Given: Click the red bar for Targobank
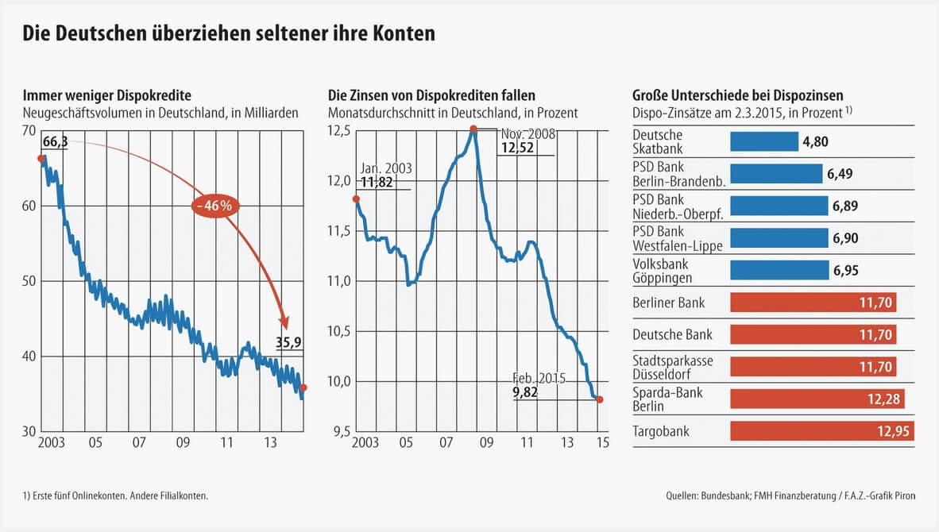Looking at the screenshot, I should pyautogui.click(x=821, y=431).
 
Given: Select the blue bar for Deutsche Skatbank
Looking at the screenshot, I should pyautogui.click(x=763, y=141).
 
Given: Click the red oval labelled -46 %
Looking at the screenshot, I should pyautogui.click(x=214, y=206).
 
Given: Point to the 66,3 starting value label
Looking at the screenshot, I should pyautogui.click(x=55, y=142).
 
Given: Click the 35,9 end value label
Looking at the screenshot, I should pyautogui.click(x=289, y=343).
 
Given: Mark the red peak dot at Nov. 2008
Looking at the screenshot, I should pyautogui.click(x=473, y=129).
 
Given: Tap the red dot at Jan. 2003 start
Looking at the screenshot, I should pyautogui.click(x=355, y=199).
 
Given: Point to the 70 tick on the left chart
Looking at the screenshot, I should pyautogui.click(x=29, y=130).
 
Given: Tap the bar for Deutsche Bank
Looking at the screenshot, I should pyautogui.click(x=813, y=334).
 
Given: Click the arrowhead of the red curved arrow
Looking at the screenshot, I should pyautogui.click(x=284, y=323).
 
